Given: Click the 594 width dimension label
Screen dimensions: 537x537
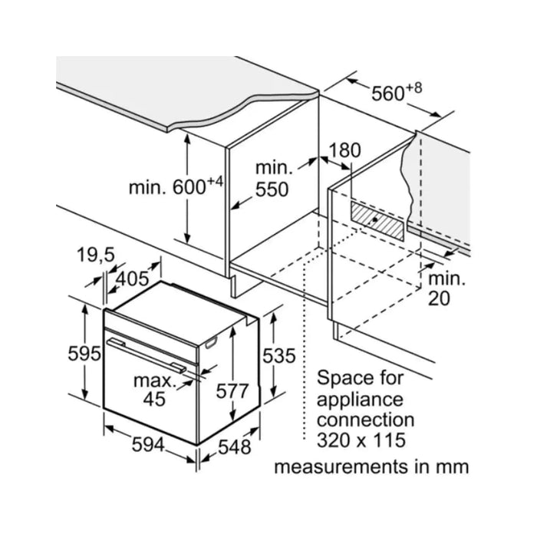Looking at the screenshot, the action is click(148, 445).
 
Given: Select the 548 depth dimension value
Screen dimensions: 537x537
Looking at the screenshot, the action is click(235, 446).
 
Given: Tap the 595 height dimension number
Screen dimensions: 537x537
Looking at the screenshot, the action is click(84, 353).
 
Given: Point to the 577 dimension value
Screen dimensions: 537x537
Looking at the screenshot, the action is click(232, 390).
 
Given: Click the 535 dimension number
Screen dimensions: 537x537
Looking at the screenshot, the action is click(278, 355).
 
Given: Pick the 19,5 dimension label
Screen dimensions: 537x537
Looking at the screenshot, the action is click(96, 255).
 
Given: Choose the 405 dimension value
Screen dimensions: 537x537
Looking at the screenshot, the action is click(132, 278).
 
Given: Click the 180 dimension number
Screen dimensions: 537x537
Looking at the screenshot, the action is click(344, 150).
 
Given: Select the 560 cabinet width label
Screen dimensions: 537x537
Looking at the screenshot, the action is click(388, 94).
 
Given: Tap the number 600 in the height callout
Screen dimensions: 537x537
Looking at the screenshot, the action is click(189, 187).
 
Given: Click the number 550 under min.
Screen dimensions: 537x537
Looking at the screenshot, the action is click(272, 189).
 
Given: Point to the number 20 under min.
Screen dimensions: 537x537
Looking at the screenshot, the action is click(439, 298).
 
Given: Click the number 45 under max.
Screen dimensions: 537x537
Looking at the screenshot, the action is click(154, 399).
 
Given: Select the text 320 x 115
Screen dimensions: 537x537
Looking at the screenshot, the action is click(361, 440).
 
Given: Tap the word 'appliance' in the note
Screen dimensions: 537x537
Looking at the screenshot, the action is click(360, 400).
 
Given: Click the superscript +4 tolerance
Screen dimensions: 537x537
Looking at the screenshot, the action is click(215, 182).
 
